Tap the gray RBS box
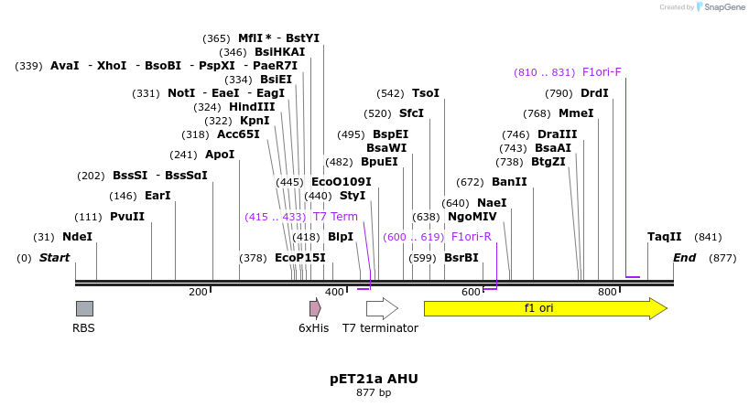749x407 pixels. click(84, 308)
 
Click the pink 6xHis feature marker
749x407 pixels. click(314, 308)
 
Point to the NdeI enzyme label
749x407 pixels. click(77, 237)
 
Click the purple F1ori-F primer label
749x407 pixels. click(602, 72)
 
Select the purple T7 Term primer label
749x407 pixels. click(335, 217)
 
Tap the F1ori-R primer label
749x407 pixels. click(472, 237)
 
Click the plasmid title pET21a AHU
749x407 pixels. click(374, 378)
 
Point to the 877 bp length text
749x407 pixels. click(374, 393)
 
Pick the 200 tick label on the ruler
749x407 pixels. click(198, 293)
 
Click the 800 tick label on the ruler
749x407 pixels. click(607, 293)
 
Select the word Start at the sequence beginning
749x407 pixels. click(54, 258)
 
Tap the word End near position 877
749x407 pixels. click(685, 258)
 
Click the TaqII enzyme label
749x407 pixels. click(664, 237)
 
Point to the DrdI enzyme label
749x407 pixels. click(594, 93)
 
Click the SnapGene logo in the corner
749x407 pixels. click(721, 7)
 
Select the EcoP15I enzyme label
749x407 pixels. click(299, 258)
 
